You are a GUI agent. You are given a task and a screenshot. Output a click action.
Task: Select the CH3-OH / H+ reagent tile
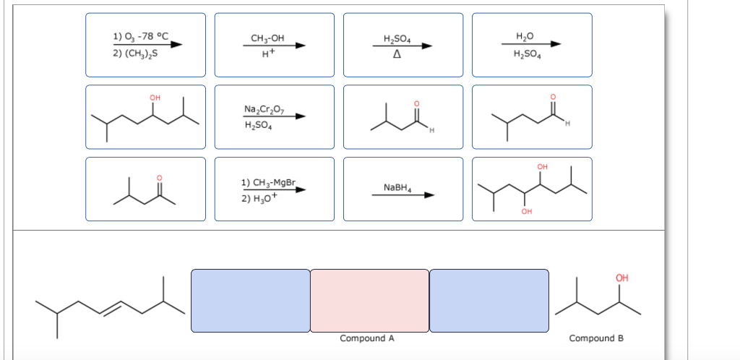(274, 45)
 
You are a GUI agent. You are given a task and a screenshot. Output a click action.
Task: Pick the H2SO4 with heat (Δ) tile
(403, 45)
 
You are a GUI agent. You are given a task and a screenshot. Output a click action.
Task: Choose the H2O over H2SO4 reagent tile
(531, 45)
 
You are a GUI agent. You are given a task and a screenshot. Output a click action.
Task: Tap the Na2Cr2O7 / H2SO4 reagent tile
(274, 116)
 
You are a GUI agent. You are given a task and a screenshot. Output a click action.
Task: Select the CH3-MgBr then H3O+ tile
(274, 189)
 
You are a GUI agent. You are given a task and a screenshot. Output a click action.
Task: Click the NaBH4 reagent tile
(403, 189)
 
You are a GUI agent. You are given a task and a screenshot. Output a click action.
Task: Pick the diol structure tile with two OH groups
(531, 189)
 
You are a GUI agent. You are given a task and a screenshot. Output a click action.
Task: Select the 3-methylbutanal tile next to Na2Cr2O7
(403, 116)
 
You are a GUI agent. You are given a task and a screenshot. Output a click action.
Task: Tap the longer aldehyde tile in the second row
(531, 116)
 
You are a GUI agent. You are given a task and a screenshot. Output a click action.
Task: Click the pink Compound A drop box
(369, 301)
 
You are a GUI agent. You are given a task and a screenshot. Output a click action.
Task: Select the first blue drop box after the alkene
(250, 301)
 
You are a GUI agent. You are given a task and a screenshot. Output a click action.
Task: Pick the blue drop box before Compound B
(489, 301)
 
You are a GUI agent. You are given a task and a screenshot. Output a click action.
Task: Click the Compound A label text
(367, 338)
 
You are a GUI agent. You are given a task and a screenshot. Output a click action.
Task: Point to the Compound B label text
(596, 338)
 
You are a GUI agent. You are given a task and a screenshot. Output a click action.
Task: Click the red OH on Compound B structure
(622, 278)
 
